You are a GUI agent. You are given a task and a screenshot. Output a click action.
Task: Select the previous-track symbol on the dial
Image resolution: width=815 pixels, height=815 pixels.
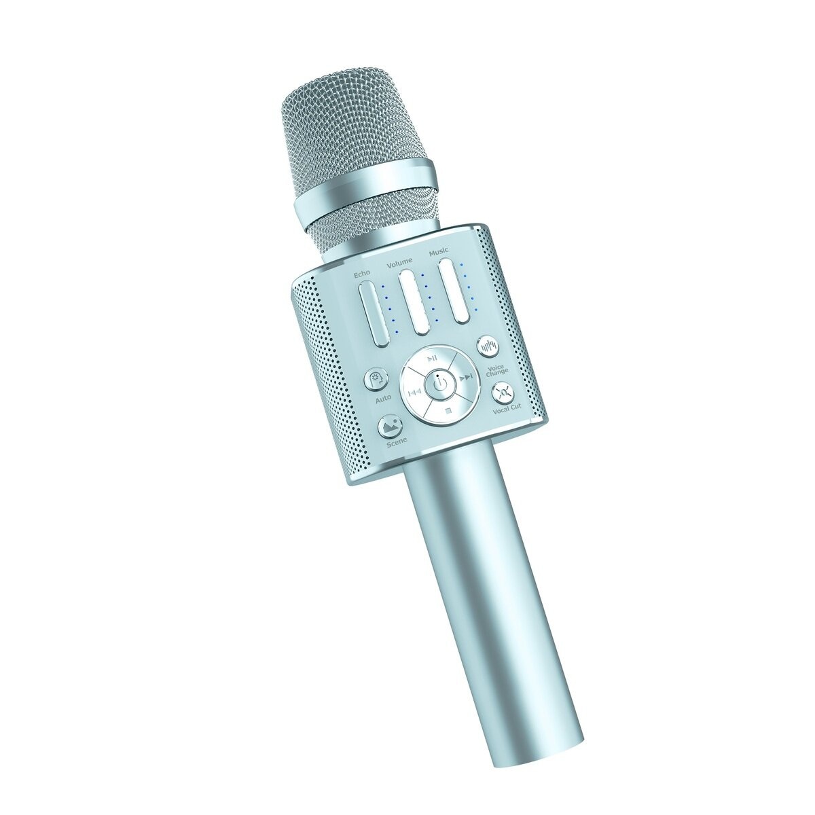click(414, 392)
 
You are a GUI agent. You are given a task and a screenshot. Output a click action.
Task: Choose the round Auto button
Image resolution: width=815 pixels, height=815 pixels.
click(376, 380)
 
